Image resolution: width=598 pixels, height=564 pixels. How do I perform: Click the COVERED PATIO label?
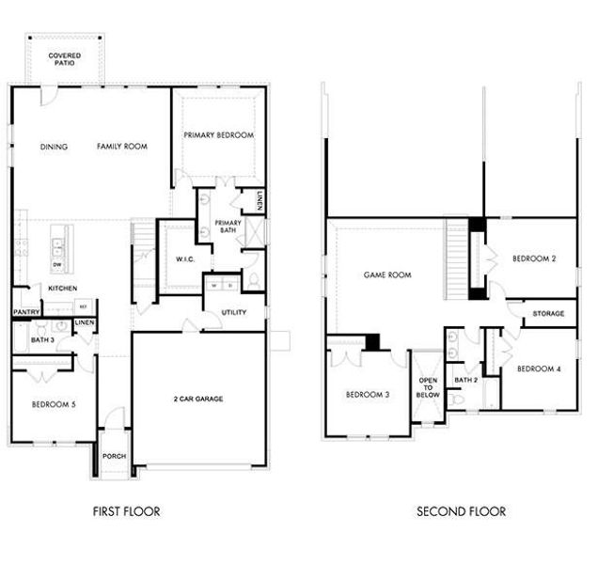65,60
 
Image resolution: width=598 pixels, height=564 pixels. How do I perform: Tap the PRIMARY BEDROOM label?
218,135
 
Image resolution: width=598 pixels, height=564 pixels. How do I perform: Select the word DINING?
54,147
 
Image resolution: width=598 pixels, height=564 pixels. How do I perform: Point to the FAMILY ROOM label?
122,147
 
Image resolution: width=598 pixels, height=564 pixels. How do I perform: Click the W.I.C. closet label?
184,258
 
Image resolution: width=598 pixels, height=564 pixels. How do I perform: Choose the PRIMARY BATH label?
228,227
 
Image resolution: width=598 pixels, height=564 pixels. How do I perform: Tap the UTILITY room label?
234,312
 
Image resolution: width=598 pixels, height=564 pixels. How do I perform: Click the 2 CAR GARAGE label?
197,399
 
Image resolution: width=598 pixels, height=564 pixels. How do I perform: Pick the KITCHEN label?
63,288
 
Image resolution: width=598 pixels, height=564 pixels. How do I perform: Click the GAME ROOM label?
388,275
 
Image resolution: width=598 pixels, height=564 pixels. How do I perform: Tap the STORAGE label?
548,313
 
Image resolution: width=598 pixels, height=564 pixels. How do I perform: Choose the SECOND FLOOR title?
461,512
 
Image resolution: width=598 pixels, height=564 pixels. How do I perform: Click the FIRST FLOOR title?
127,512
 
